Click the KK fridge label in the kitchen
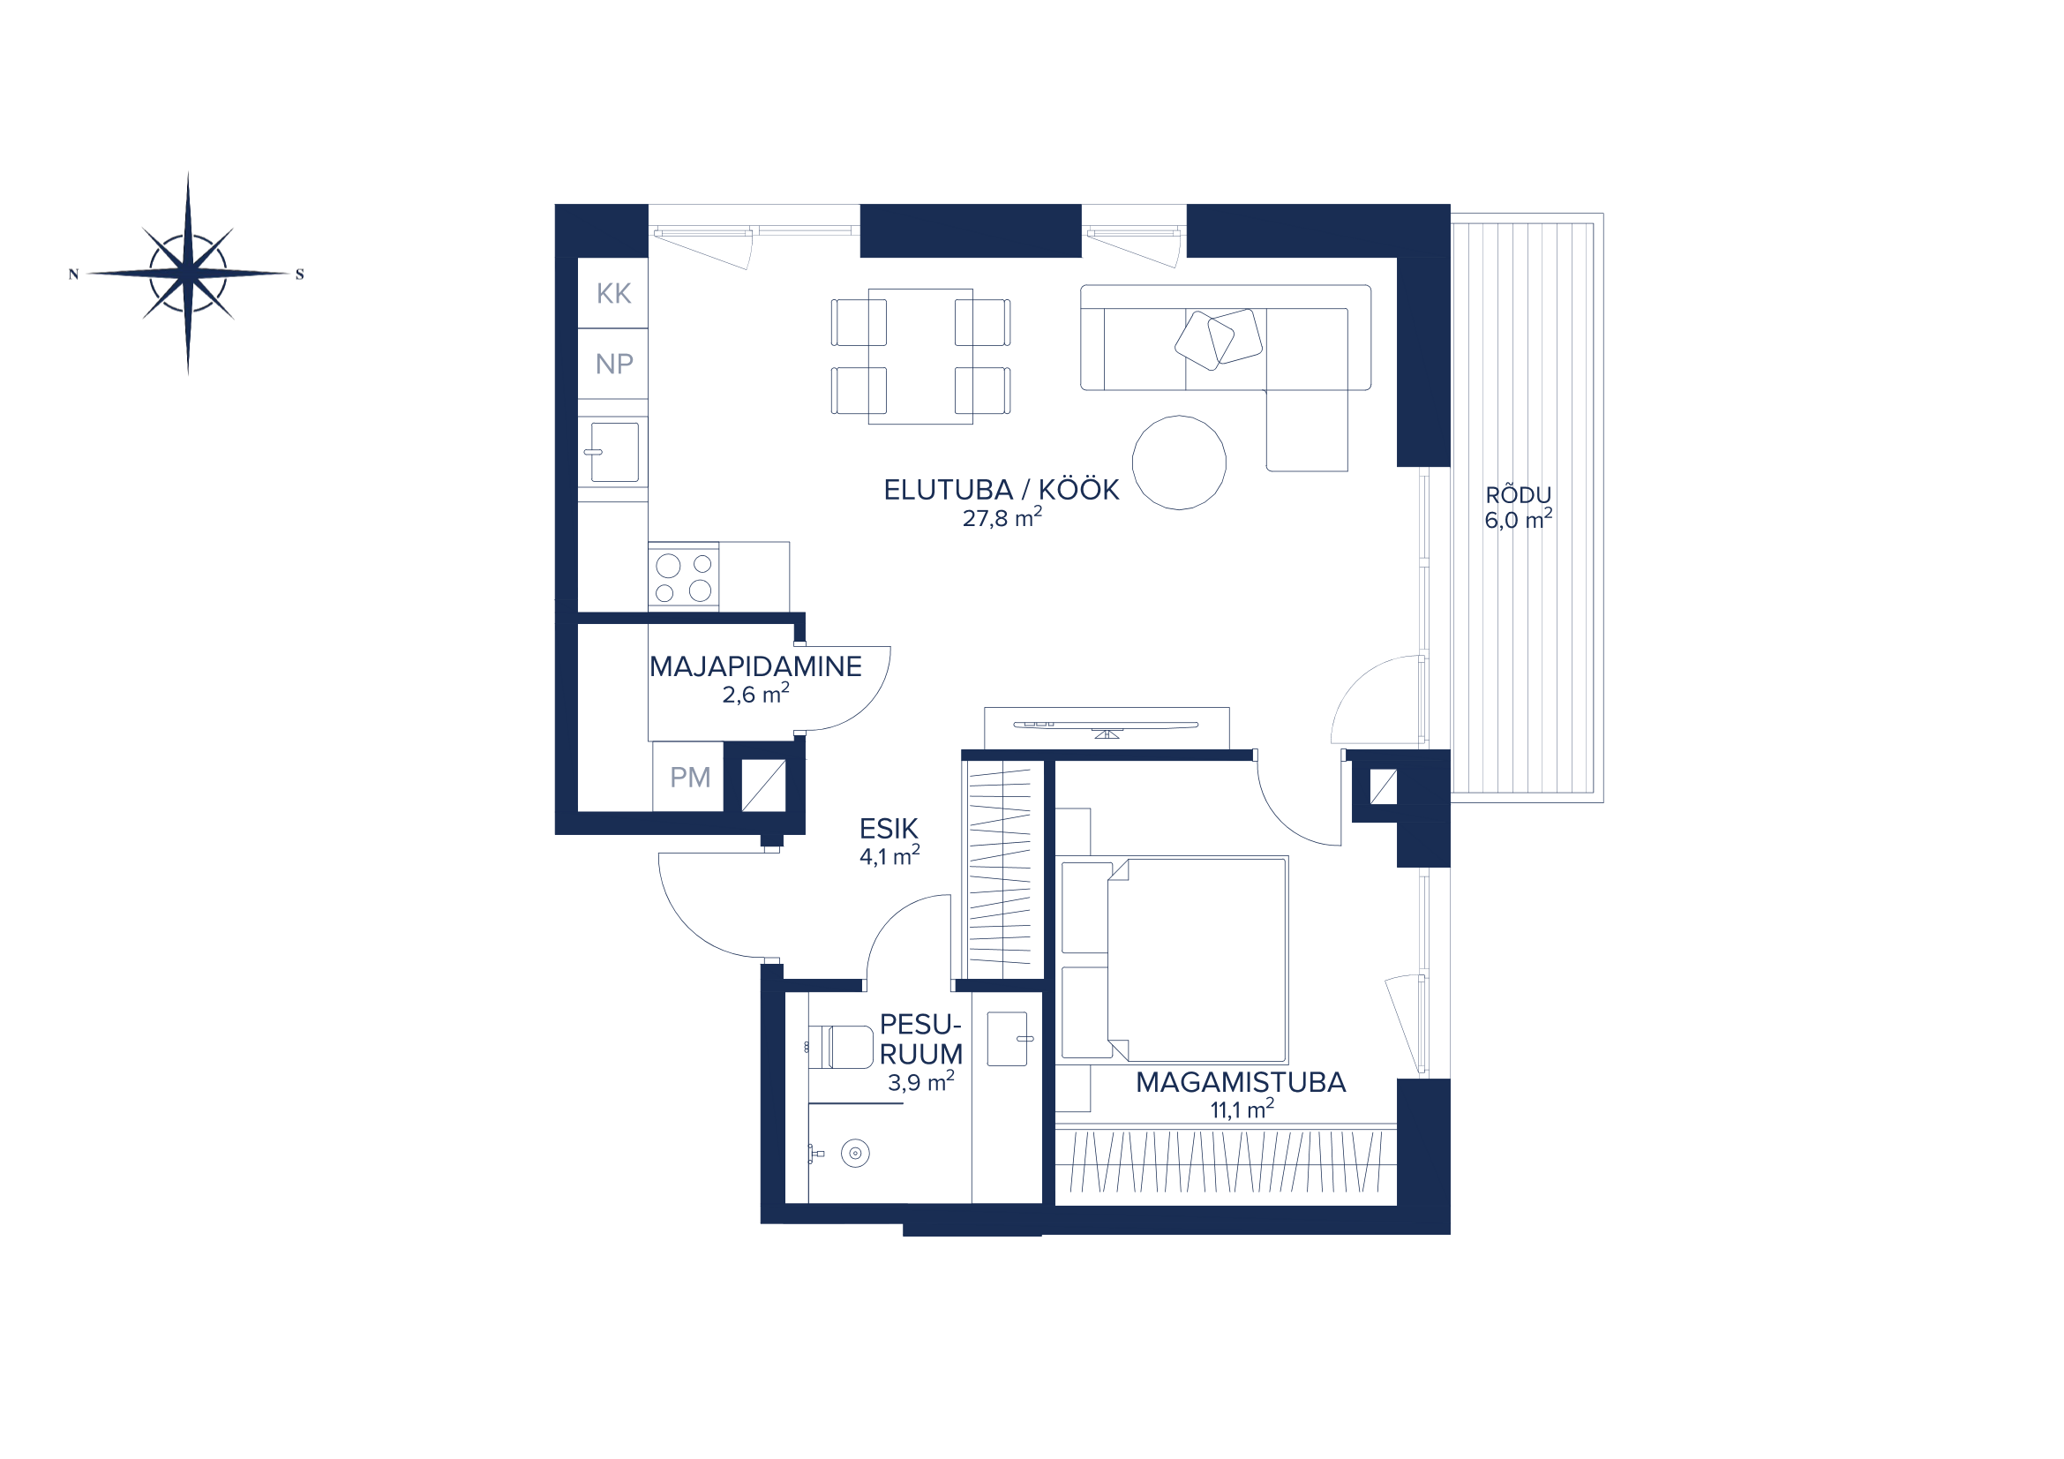point(614,293)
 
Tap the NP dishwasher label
point(614,364)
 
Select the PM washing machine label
point(689,777)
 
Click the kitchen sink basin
point(615,452)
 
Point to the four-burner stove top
point(683,576)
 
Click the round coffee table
point(1179,463)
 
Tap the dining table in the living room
point(920,356)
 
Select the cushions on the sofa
point(1218,339)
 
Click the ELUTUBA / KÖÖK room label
point(1002,490)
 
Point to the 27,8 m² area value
point(1002,517)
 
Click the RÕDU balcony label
point(1519,493)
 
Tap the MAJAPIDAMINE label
point(755,666)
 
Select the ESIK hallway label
point(889,828)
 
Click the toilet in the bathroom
point(841,1047)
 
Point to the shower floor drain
point(855,1154)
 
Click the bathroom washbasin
point(1008,1039)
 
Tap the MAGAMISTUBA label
point(1241,1082)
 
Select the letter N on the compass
point(74,275)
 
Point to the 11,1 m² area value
point(1242,1109)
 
